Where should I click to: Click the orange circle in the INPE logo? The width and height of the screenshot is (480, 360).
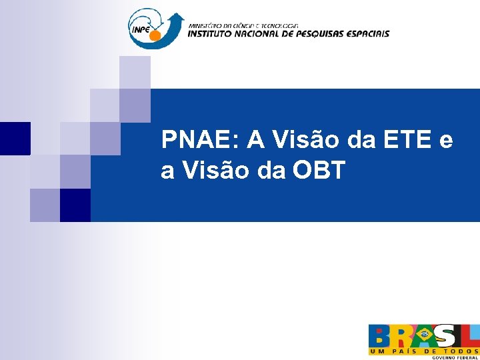click(x=155, y=35)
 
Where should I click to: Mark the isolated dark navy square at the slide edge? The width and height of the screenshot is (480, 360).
click(x=15, y=138)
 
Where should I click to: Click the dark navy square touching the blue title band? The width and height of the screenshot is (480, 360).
click(x=75, y=205)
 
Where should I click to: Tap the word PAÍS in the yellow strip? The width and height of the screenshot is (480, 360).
click(x=405, y=351)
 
